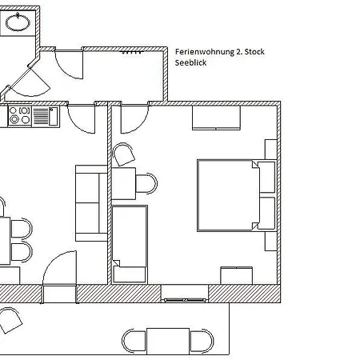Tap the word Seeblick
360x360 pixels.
tap(190, 62)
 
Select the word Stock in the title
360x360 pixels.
tap(254, 51)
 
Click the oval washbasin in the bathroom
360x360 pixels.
tap(18, 22)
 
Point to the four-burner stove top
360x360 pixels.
tap(20, 116)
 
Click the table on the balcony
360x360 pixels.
tap(168, 342)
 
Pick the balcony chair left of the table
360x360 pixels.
tap(134, 341)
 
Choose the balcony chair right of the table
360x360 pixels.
tap(202, 341)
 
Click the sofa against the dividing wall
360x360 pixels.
tap(91, 203)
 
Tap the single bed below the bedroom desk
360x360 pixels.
tap(130, 244)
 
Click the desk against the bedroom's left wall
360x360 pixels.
tap(123, 183)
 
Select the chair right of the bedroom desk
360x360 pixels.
tap(146, 183)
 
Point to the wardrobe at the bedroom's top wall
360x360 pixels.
tap(216, 118)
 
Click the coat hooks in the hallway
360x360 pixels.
tap(131, 52)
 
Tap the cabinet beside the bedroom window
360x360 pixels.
tap(237, 275)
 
